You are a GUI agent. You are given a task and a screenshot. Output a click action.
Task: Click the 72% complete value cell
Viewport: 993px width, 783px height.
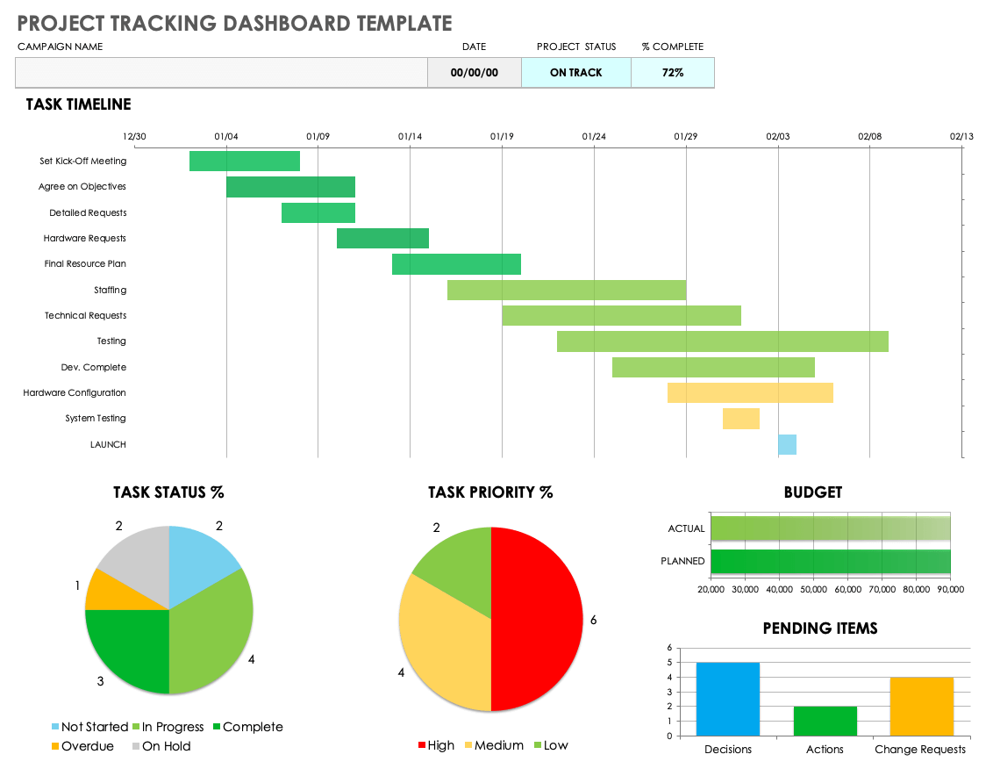pyautogui.click(x=673, y=73)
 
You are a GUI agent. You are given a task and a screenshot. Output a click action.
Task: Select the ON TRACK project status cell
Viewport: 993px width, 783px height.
pyautogui.click(x=575, y=73)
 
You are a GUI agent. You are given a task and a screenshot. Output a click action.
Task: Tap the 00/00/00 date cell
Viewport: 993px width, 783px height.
pyautogui.click(x=474, y=73)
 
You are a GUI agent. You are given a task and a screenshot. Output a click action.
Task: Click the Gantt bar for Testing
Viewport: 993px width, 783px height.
pyautogui.click(x=722, y=341)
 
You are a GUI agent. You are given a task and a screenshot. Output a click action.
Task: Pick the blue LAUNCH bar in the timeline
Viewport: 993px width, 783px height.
pyautogui.click(x=787, y=444)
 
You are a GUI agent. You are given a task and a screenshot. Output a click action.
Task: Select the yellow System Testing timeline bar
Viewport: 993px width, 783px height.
pyautogui.click(x=740, y=419)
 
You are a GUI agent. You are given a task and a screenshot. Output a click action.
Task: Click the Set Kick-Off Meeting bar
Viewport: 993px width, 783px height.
pyautogui.click(x=245, y=162)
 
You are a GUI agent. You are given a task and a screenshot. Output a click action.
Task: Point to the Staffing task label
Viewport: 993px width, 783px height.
pyautogui.click(x=111, y=290)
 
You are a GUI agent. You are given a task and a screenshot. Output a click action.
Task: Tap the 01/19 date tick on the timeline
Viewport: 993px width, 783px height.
pyautogui.click(x=502, y=136)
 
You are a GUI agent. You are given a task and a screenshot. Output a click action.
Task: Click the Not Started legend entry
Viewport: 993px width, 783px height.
pyautogui.click(x=89, y=727)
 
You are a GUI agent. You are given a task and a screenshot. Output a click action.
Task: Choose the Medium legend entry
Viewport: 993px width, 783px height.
pyautogui.click(x=492, y=745)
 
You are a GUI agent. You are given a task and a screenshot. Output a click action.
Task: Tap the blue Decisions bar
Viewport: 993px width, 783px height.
pyautogui.click(x=728, y=699)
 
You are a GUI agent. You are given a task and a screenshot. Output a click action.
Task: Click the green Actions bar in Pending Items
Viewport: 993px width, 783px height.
pyautogui.click(x=825, y=721)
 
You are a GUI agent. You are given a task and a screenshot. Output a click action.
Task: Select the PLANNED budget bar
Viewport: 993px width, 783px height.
pyautogui.click(x=830, y=561)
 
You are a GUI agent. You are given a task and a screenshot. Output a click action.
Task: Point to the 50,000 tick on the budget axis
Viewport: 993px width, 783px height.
pyautogui.click(x=813, y=589)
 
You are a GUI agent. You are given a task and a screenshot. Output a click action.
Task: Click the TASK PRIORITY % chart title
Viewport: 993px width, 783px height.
pyautogui.click(x=490, y=492)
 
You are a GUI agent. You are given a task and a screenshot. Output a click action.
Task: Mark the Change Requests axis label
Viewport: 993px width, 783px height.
pyautogui.click(x=920, y=750)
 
